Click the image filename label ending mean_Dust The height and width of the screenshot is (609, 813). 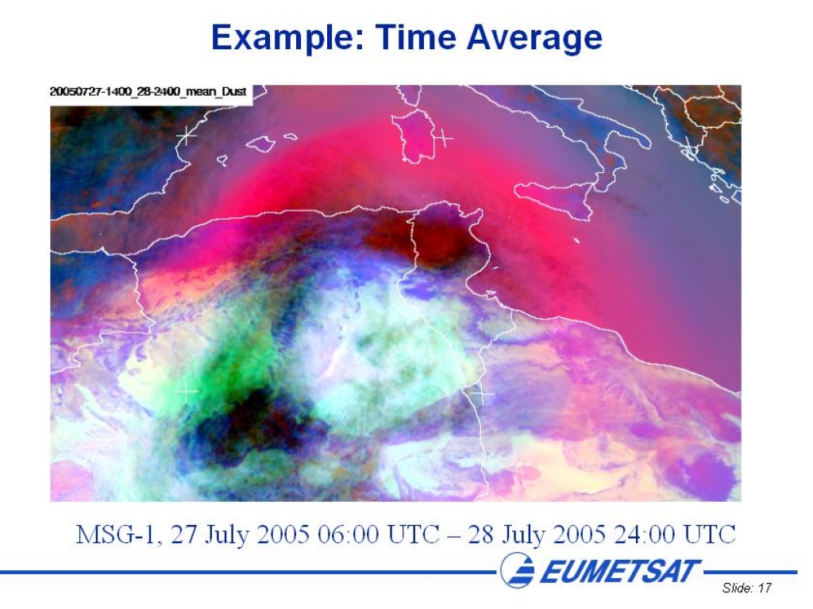click(x=148, y=92)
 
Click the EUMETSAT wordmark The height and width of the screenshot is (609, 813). click(x=620, y=571)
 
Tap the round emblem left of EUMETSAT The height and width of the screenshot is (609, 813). click(x=518, y=570)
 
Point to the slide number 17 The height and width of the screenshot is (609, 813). click(x=765, y=588)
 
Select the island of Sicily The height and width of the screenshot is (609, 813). click(x=555, y=199)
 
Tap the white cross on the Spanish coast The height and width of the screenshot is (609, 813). click(x=187, y=136)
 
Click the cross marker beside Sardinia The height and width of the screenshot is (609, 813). click(x=442, y=138)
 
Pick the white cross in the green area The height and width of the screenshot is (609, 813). click(x=187, y=391)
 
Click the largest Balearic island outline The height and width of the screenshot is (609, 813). click(x=260, y=144)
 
